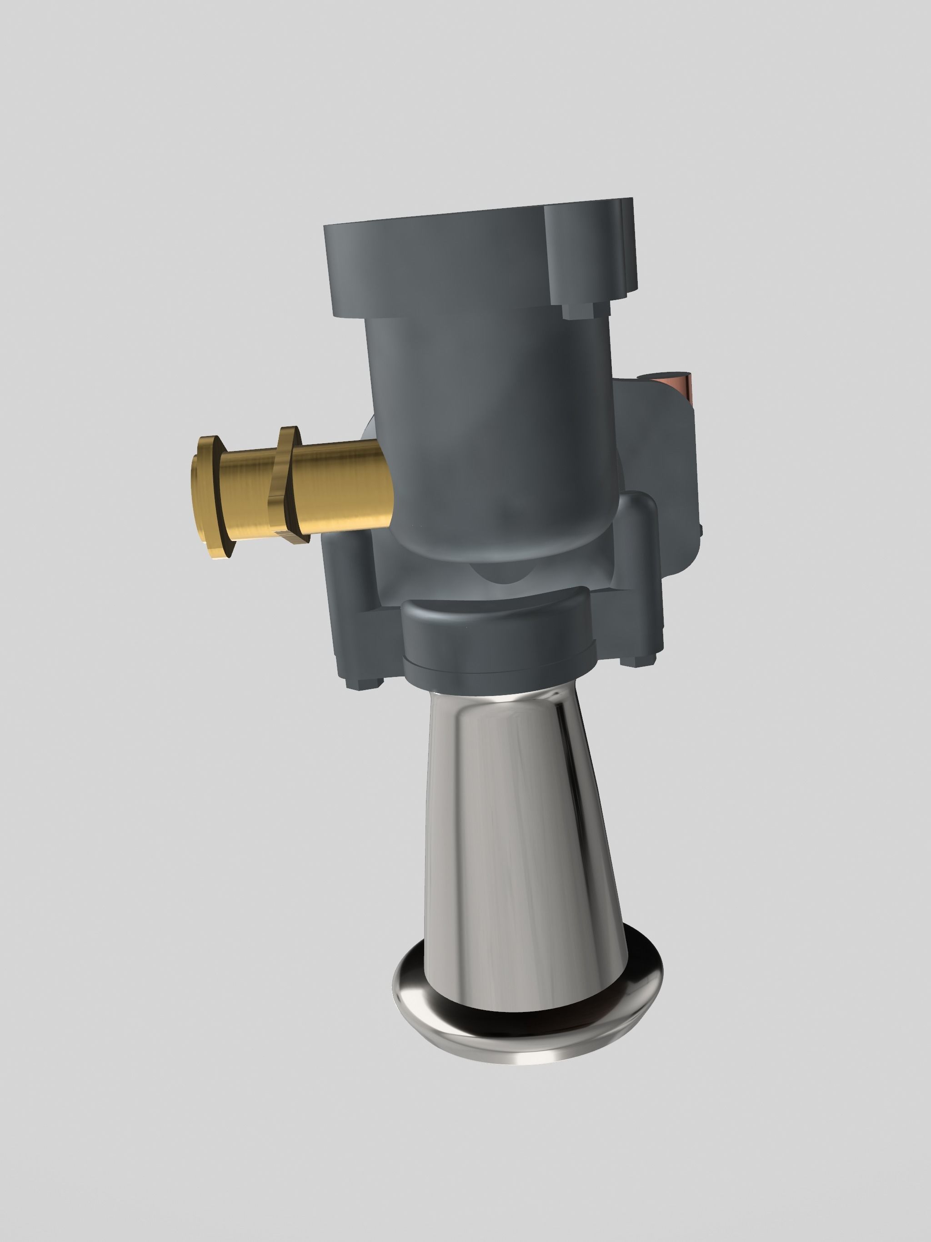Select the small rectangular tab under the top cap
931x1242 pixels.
(x=578, y=310)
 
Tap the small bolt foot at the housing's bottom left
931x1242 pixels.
(x=365, y=683)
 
